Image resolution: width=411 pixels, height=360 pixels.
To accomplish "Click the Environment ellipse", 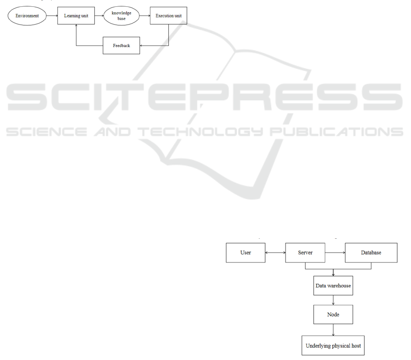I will [x=27, y=16].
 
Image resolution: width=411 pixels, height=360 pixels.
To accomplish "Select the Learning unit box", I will [x=76, y=16].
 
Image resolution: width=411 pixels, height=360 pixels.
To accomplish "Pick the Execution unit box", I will [x=168, y=16].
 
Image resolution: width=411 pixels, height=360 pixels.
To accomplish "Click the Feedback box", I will [x=121, y=46].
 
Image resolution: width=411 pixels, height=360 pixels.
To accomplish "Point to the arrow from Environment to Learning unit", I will [x=52, y=16].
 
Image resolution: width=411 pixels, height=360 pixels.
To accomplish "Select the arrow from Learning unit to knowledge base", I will [x=100, y=16].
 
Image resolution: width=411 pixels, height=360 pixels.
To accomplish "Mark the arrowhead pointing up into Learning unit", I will [x=76, y=26].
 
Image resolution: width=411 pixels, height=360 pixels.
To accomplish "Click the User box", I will [x=245, y=252].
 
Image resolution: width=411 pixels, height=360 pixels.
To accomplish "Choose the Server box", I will [x=305, y=252].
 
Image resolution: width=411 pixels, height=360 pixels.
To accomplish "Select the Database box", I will [x=371, y=252].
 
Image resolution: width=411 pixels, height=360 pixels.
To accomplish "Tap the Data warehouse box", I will [x=333, y=286].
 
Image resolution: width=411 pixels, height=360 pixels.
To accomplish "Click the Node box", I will [x=333, y=314].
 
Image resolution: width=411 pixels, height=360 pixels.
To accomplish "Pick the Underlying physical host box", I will [x=333, y=346].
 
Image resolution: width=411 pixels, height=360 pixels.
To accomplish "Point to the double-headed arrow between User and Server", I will [x=275, y=252].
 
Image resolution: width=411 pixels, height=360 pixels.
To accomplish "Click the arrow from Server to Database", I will [x=335, y=252].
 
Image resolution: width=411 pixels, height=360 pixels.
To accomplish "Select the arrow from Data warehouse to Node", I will [x=333, y=300].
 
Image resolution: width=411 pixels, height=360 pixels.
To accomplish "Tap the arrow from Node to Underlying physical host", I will [x=333, y=330].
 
